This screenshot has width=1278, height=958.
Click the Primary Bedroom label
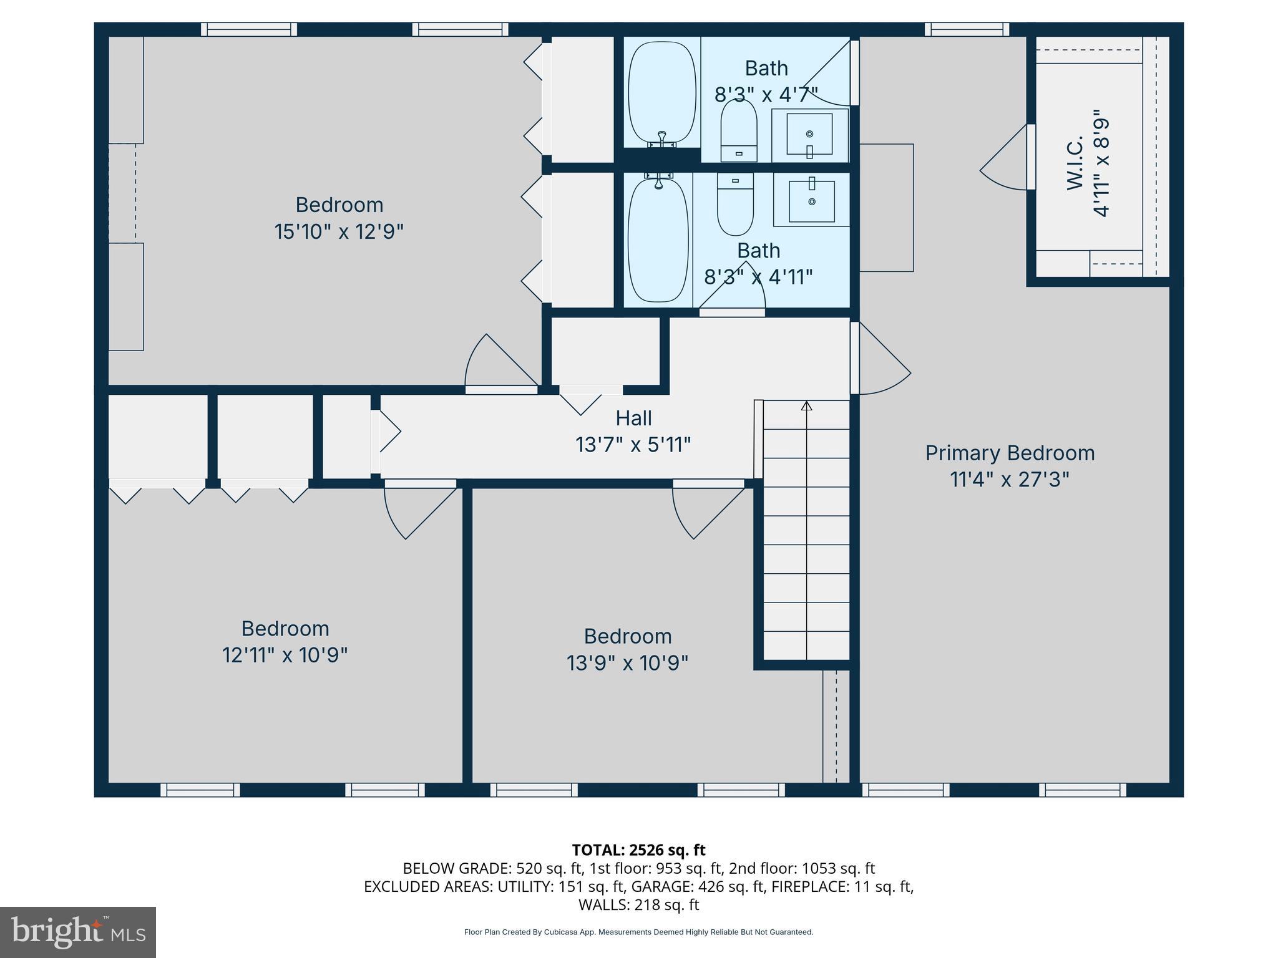click(1009, 453)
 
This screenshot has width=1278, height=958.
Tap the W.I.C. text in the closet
click(1075, 163)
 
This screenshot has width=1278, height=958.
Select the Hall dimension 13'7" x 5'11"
click(633, 445)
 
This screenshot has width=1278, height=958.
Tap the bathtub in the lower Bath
click(658, 239)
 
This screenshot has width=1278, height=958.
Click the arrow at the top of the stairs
click(806, 406)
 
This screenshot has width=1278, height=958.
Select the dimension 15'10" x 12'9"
click(339, 232)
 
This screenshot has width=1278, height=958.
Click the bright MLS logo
click(77, 932)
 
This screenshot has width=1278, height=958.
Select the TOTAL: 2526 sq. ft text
click(638, 849)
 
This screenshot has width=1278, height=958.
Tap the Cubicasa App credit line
click(638, 932)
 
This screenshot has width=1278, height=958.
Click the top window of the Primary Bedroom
click(967, 29)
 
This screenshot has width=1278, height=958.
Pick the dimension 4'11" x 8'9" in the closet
click(1102, 163)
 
